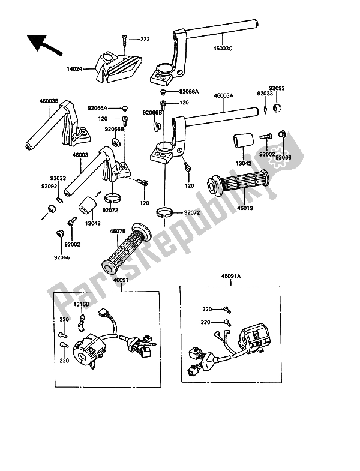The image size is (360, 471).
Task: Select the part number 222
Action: point(145,40)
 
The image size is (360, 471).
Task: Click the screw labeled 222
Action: point(125,40)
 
